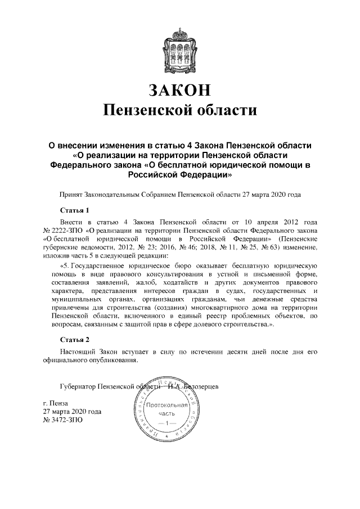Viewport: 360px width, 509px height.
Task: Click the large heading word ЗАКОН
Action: click(x=179, y=90)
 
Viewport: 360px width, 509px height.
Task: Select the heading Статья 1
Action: click(x=75, y=210)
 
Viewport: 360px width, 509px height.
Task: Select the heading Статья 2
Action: click(x=75, y=340)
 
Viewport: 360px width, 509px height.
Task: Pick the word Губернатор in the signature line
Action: click(x=77, y=387)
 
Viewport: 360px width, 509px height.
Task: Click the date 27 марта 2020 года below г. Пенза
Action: click(x=73, y=412)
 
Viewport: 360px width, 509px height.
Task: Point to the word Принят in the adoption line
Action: click(x=70, y=195)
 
